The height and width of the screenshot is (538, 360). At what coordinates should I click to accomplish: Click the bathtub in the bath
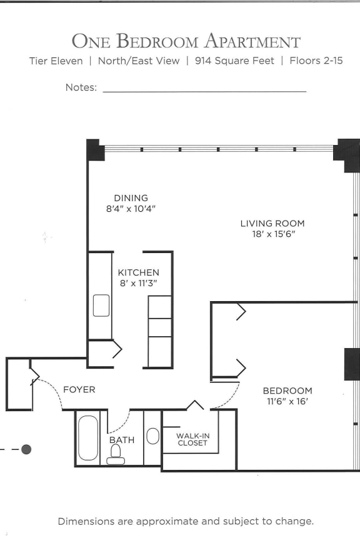pos(89,438)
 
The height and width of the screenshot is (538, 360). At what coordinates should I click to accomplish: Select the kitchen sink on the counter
pos(101,306)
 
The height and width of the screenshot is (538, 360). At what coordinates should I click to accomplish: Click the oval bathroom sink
pos(152,436)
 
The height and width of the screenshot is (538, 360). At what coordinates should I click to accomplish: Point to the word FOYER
pos(79,389)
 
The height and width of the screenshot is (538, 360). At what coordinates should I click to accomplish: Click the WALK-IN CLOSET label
pos(192,439)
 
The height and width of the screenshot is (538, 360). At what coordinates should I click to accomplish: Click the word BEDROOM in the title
pos(158,41)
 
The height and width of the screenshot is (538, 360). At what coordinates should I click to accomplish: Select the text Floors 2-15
pos(316,61)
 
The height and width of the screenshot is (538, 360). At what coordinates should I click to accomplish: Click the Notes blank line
pos(204,91)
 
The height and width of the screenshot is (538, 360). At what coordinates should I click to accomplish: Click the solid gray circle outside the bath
pos(26,449)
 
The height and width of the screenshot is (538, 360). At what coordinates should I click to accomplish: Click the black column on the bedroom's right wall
pos(352,364)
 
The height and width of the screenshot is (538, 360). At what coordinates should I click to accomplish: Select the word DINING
pos(131,198)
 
